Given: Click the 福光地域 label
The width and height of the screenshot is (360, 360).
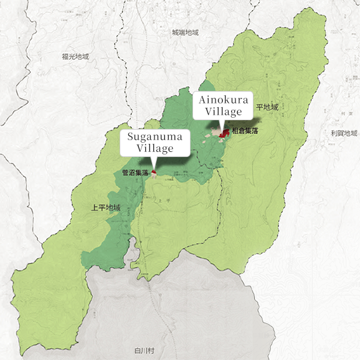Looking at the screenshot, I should [x=75, y=57].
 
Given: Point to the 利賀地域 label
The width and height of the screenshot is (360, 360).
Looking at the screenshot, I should [x=344, y=133].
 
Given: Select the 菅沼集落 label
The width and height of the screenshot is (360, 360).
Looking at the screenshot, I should [x=135, y=173].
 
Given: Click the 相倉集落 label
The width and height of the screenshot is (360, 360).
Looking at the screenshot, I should [x=245, y=132].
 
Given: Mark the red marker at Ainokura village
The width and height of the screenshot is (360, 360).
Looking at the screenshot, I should [x=225, y=132].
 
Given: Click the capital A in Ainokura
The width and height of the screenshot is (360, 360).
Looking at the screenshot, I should [x=201, y=100].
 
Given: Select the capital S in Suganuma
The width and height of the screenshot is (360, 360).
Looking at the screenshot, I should [x=130, y=137].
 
